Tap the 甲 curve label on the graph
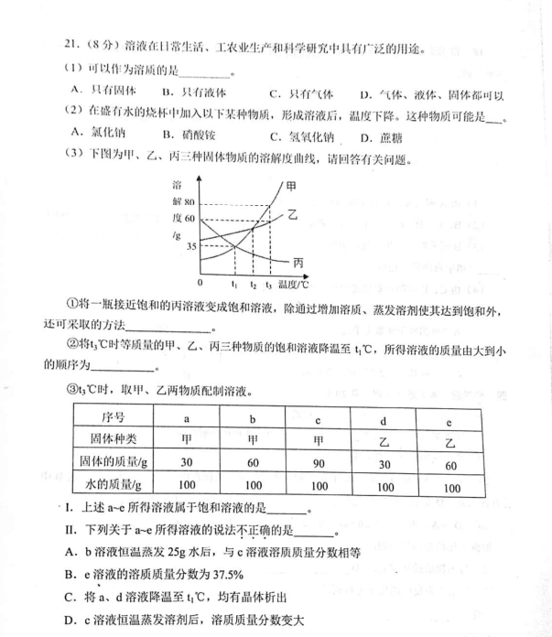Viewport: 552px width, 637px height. [291, 186]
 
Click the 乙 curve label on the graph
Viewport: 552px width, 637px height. [293, 215]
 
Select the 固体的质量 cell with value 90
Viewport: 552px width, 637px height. [317, 463]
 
